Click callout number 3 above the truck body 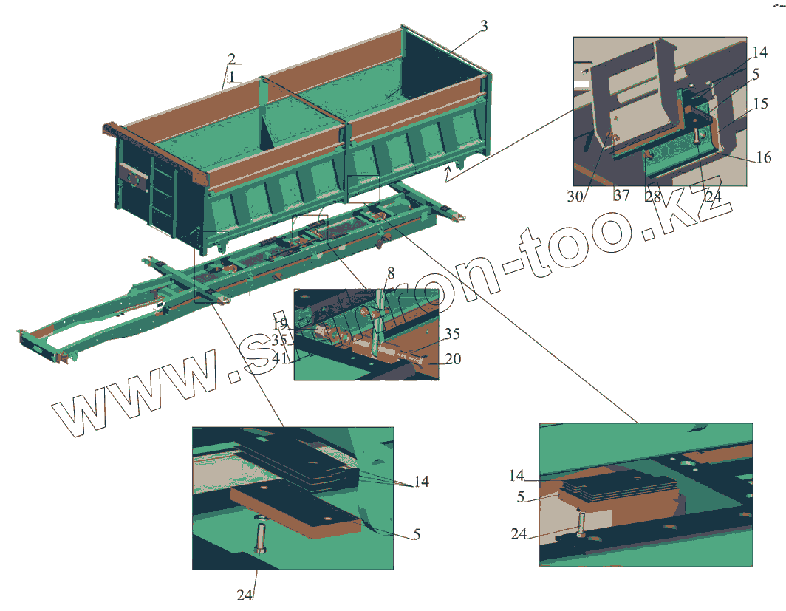click(483, 27)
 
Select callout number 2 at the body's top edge click(231, 58)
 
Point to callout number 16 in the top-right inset click(764, 157)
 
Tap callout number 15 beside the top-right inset click(762, 105)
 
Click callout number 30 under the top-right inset click(576, 196)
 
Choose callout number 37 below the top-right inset click(621, 196)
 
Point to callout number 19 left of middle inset click(279, 324)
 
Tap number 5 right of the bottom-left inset click(417, 534)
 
